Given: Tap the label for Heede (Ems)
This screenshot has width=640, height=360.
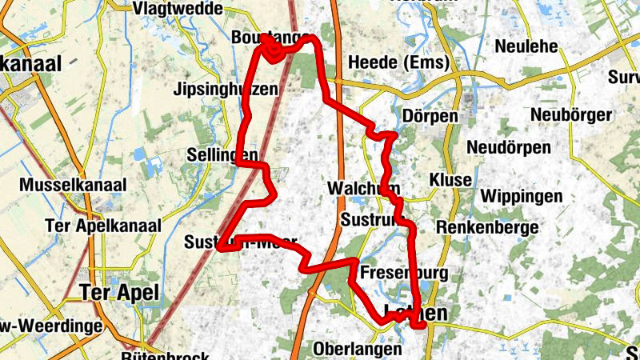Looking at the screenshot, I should point(398,63).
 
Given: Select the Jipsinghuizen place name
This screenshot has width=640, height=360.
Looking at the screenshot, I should point(226,90).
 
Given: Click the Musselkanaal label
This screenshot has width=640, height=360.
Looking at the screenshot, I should point(74,186).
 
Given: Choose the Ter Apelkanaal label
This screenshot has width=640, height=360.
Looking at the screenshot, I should point(104,226).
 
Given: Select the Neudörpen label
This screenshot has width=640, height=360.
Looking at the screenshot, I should point(509,148).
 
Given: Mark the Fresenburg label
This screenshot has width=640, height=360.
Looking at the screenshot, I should point(404,274).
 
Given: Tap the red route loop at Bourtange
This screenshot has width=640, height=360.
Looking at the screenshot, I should point(272,52).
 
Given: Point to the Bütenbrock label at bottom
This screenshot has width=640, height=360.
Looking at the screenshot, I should point(167,355).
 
